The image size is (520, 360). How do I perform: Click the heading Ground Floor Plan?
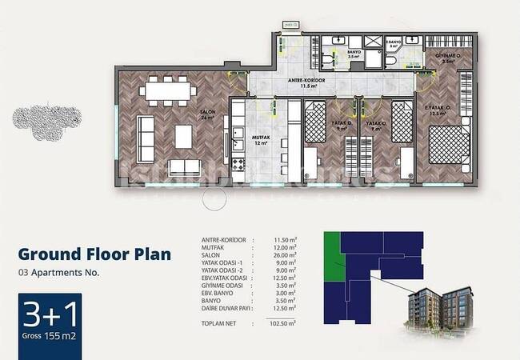[x=94, y=254]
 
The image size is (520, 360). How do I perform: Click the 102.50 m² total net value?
[x=283, y=322]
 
